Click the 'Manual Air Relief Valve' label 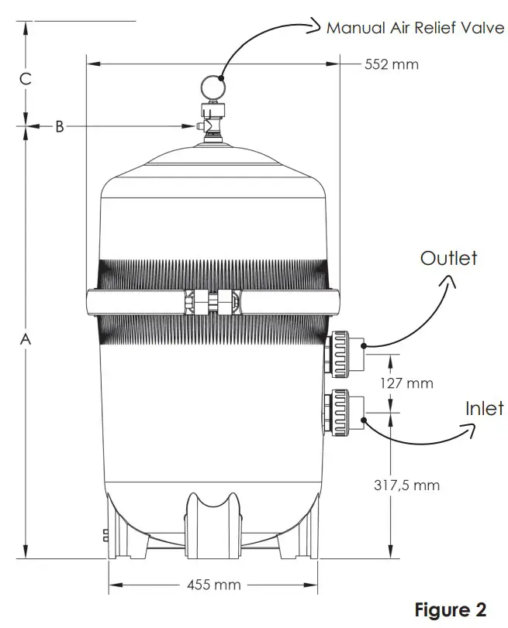414,29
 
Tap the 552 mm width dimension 391,64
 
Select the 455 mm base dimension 214,584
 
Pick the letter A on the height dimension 26,339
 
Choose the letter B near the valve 59,125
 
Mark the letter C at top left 26,78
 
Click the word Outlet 448,258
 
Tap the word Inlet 484,408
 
